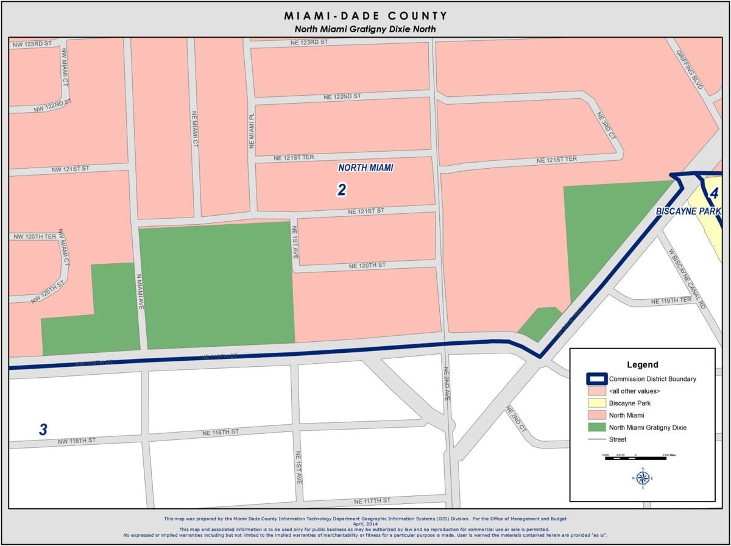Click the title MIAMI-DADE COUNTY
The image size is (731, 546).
[x=365, y=16]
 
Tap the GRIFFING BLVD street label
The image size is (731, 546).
[x=690, y=69]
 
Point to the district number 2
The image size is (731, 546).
[x=342, y=190]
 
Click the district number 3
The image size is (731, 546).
[x=43, y=430]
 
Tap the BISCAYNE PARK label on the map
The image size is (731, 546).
[x=688, y=211]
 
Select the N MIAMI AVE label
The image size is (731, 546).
[x=140, y=291]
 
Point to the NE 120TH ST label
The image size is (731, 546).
[x=367, y=266]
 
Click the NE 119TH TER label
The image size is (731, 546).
[x=671, y=301]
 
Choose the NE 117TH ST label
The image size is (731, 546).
[x=372, y=500]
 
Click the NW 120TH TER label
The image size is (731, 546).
[x=33, y=236]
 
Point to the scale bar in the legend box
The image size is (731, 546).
[x=635, y=457]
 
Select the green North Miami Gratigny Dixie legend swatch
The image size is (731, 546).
[x=596, y=427]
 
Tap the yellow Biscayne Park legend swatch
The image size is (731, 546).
[x=596, y=403]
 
